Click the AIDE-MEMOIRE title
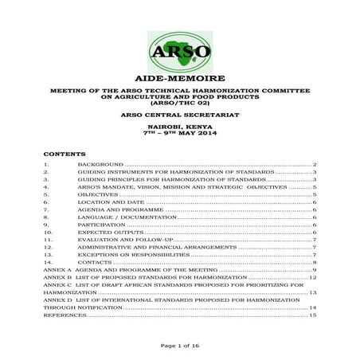click(179, 81)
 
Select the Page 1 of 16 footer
click(179, 345)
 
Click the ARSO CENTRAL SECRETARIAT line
click(179, 115)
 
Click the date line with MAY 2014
click(179, 133)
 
